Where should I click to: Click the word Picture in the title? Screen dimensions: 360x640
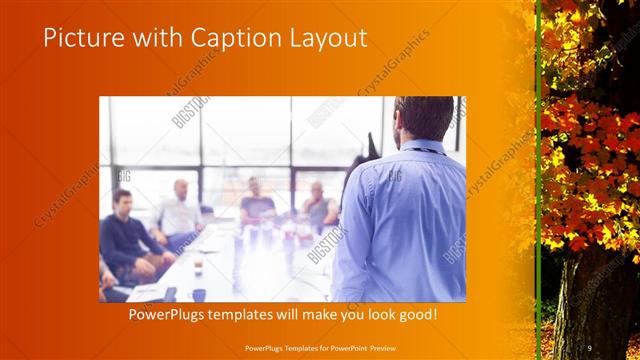pos(80,38)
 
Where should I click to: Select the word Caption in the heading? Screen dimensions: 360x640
pos(214,38)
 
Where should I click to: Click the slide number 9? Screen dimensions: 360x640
pos(590,347)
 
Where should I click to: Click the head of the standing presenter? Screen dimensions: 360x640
pos(413,118)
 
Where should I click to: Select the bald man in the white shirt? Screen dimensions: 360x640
pos(180,210)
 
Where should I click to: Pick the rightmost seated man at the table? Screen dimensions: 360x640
pos(318,204)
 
